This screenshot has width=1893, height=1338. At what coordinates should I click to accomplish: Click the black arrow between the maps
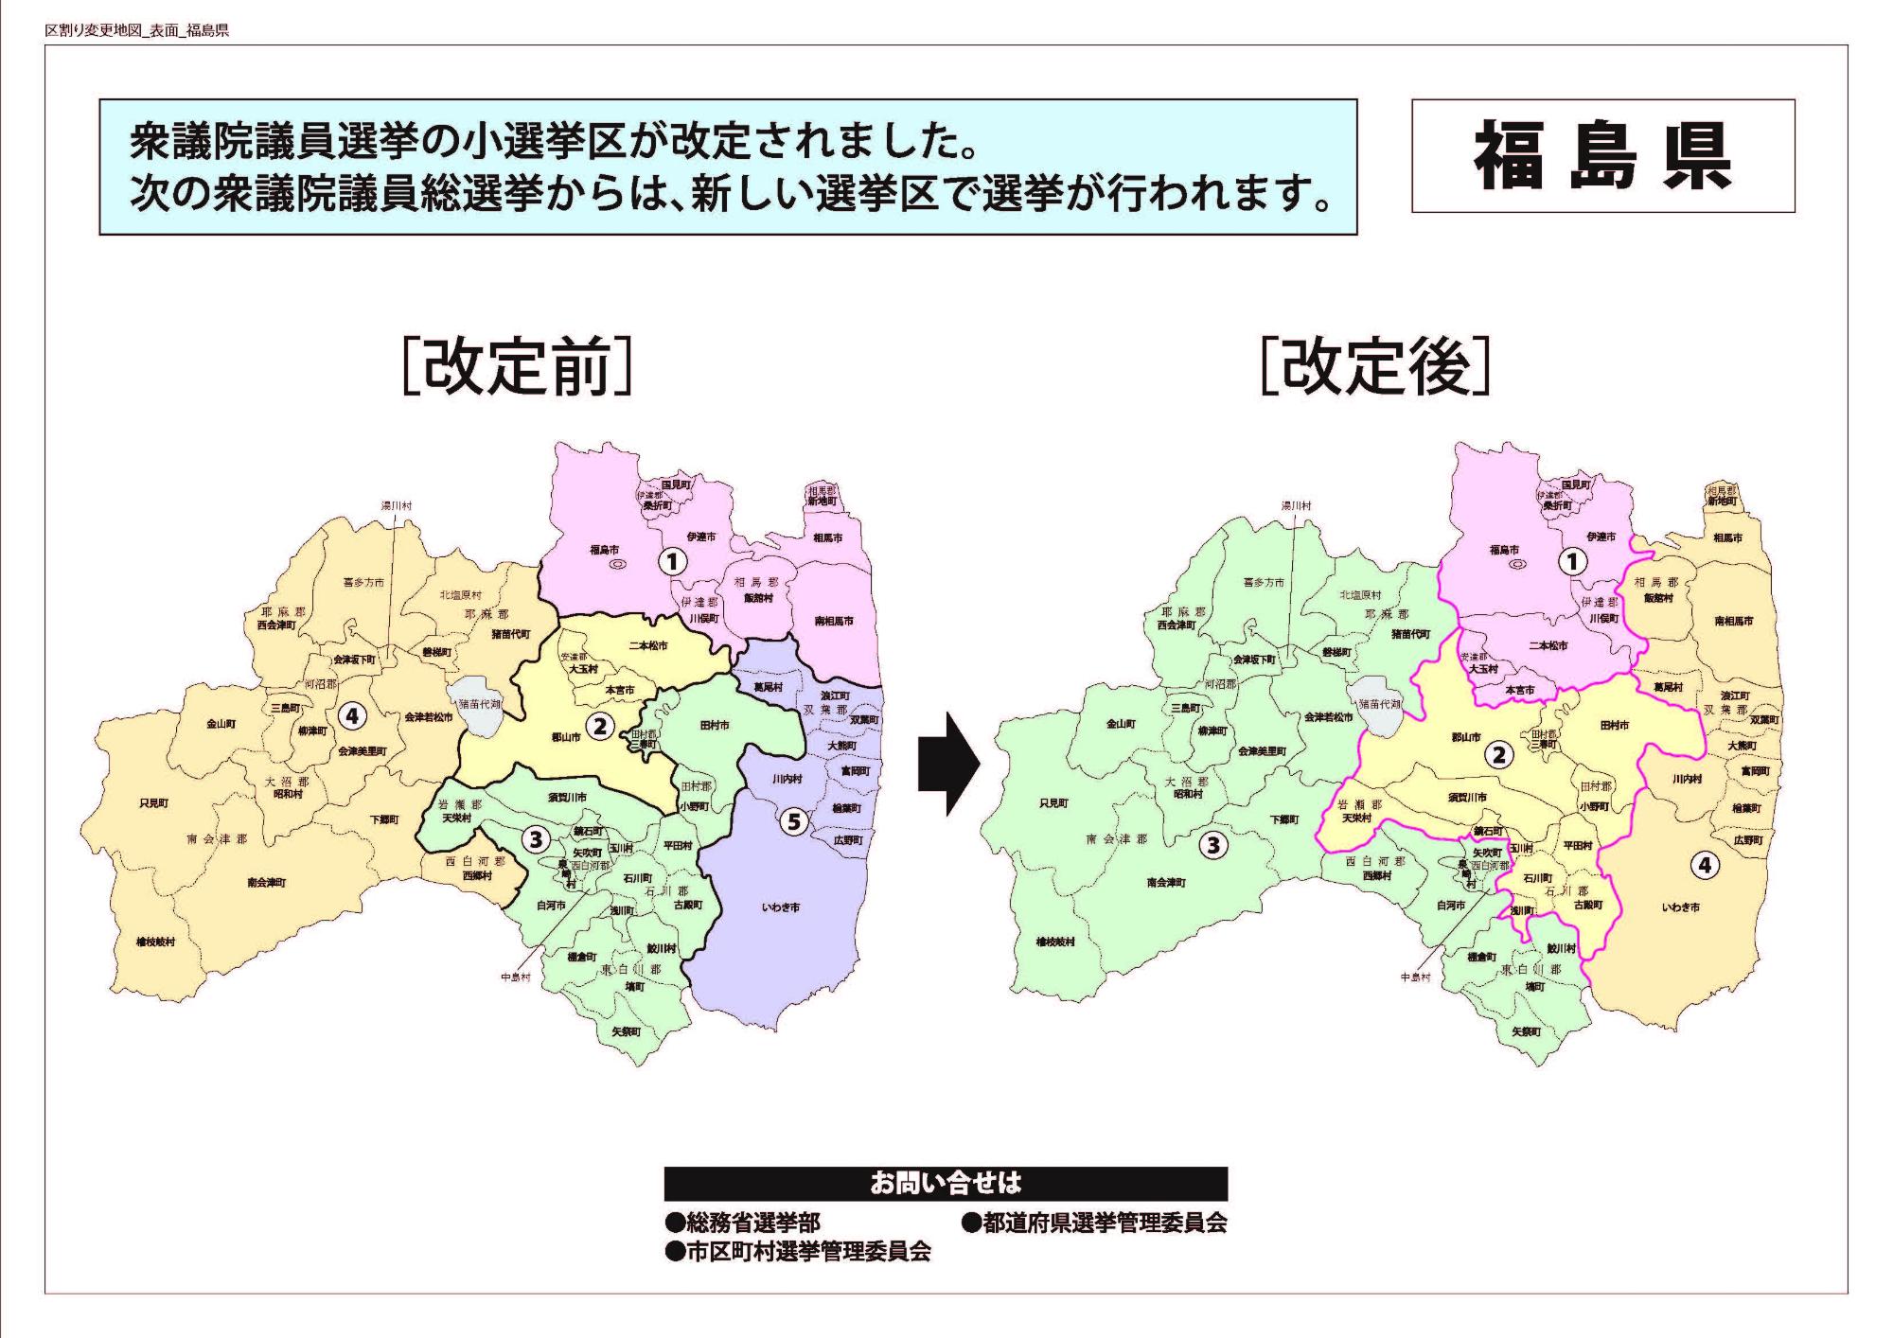[x=948, y=764]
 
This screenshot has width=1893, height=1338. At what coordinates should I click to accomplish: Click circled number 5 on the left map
[x=794, y=821]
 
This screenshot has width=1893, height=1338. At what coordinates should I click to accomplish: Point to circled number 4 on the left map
[x=352, y=716]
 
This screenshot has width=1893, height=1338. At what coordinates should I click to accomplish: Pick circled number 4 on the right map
[x=1704, y=864]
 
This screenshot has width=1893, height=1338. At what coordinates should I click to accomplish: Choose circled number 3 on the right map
[x=1213, y=845]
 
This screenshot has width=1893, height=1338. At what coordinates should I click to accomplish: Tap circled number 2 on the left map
[x=599, y=727]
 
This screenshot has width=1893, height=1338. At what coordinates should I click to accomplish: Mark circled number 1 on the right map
[x=1572, y=562]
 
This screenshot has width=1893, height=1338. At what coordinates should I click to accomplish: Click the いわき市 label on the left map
[x=781, y=907]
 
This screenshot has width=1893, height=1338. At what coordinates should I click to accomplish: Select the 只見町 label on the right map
[x=1053, y=803]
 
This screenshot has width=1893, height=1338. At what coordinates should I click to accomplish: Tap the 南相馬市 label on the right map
[x=1733, y=622]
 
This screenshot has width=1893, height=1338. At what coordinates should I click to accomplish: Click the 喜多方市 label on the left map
[x=363, y=583]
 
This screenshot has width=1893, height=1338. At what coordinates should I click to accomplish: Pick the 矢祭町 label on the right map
[x=1525, y=1031]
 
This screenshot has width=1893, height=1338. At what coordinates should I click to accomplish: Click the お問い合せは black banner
[x=946, y=1184]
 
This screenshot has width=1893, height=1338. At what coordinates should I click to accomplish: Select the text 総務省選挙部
[x=742, y=1223]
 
